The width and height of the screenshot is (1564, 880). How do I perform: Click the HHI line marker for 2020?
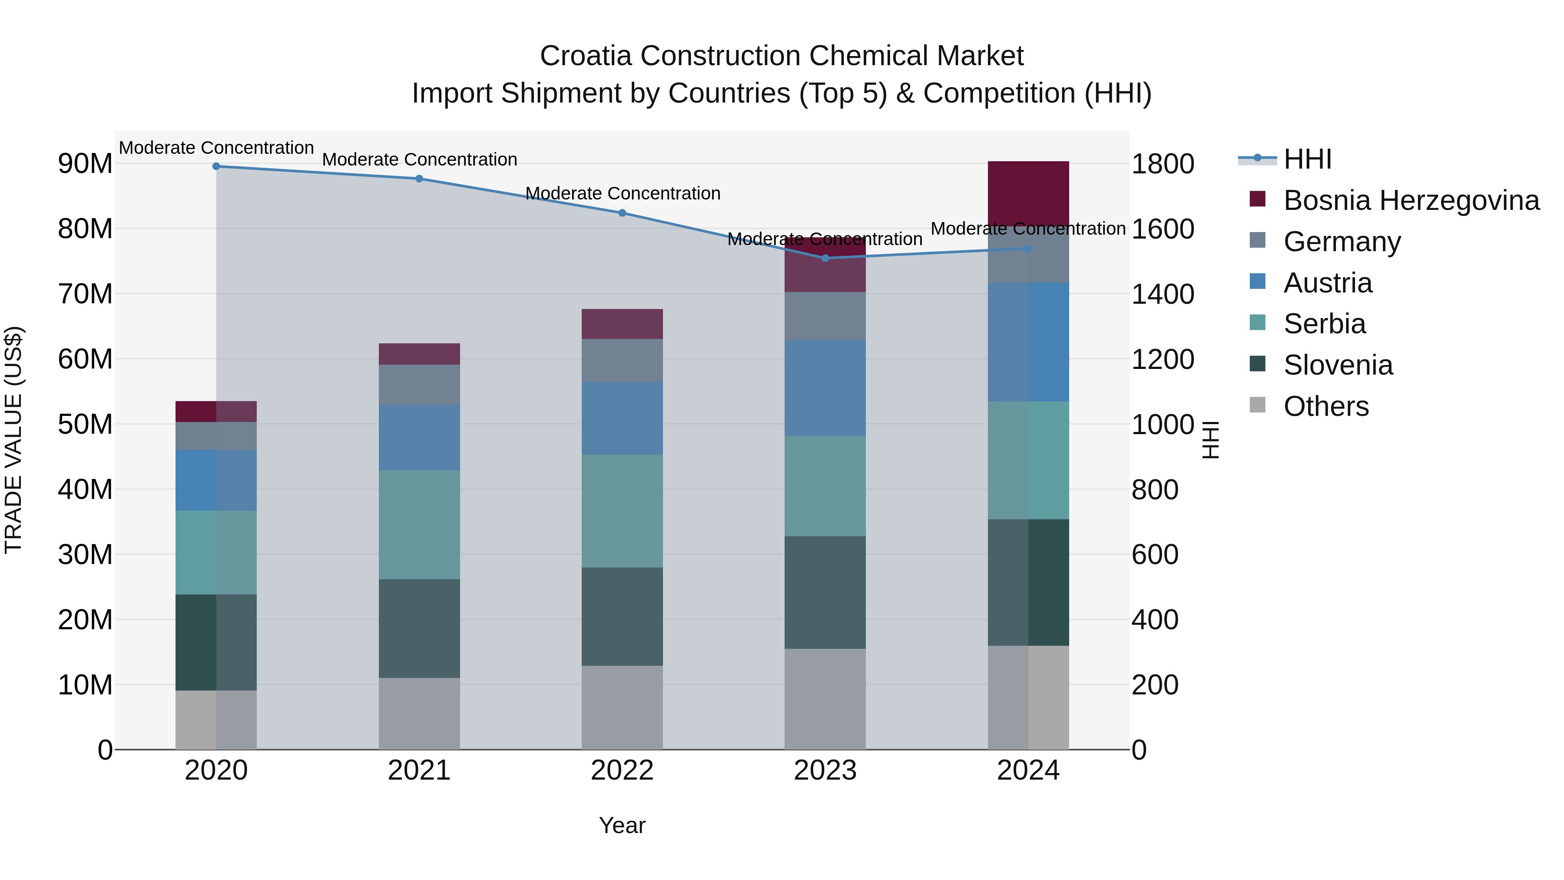pyautogui.click(x=216, y=166)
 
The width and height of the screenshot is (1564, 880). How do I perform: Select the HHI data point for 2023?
pyautogui.click(x=825, y=258)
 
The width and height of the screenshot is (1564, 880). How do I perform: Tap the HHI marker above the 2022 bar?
pyautogui.click(x=622, y=213)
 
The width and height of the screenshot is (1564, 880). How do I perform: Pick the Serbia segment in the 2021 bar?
pyautogui.click(x=419, y=524)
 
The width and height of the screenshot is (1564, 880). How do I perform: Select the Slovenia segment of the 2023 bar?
pyautogui.click(x=825, y=592)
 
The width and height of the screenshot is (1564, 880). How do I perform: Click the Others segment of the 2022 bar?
pyautogui.click(x=622, y=707)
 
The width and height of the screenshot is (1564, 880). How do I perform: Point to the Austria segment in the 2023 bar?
pyautogui.click(x=825, y=388)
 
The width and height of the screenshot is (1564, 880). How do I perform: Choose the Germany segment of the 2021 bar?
pyautogui.click(x=419, y=385)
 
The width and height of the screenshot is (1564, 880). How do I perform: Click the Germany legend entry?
pyautogui.click(x=1342, y=242)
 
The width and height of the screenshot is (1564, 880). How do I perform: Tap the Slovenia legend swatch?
pyautogui.click(x=1257, y=365)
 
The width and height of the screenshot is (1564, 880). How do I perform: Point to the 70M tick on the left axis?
pyautogui.click(x=85, y=294)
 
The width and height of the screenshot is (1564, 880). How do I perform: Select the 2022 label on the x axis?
pyautogui.click(x=622, y=770)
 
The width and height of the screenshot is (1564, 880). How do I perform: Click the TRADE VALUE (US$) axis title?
pyautogui.click(x=13, y=440)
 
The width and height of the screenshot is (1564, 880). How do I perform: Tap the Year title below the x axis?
pyautogui.click(x=622, y=825)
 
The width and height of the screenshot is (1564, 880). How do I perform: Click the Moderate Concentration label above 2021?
pyautogui.click(x=419, y=160)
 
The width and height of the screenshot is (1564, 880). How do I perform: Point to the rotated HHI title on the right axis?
pyautogui.click(x=1209, y=440)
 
